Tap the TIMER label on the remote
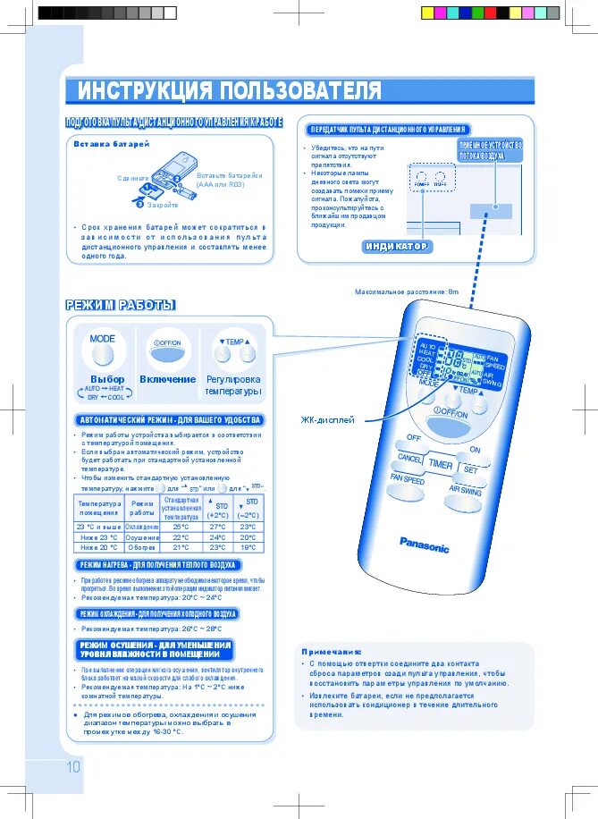(440, 465)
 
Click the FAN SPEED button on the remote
(407, 480)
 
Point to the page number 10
(72, 766)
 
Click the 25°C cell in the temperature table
(181, 527)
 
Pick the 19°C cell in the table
(248, 547)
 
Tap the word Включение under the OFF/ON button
(167, 379)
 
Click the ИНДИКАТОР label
(397, 247)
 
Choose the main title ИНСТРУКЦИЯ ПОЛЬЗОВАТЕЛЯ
(229, 91)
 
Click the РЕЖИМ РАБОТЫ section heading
(121, 306)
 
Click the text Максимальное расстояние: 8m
(406, 292)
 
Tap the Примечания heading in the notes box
(332, 652)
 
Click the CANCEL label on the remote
(410, 458)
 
